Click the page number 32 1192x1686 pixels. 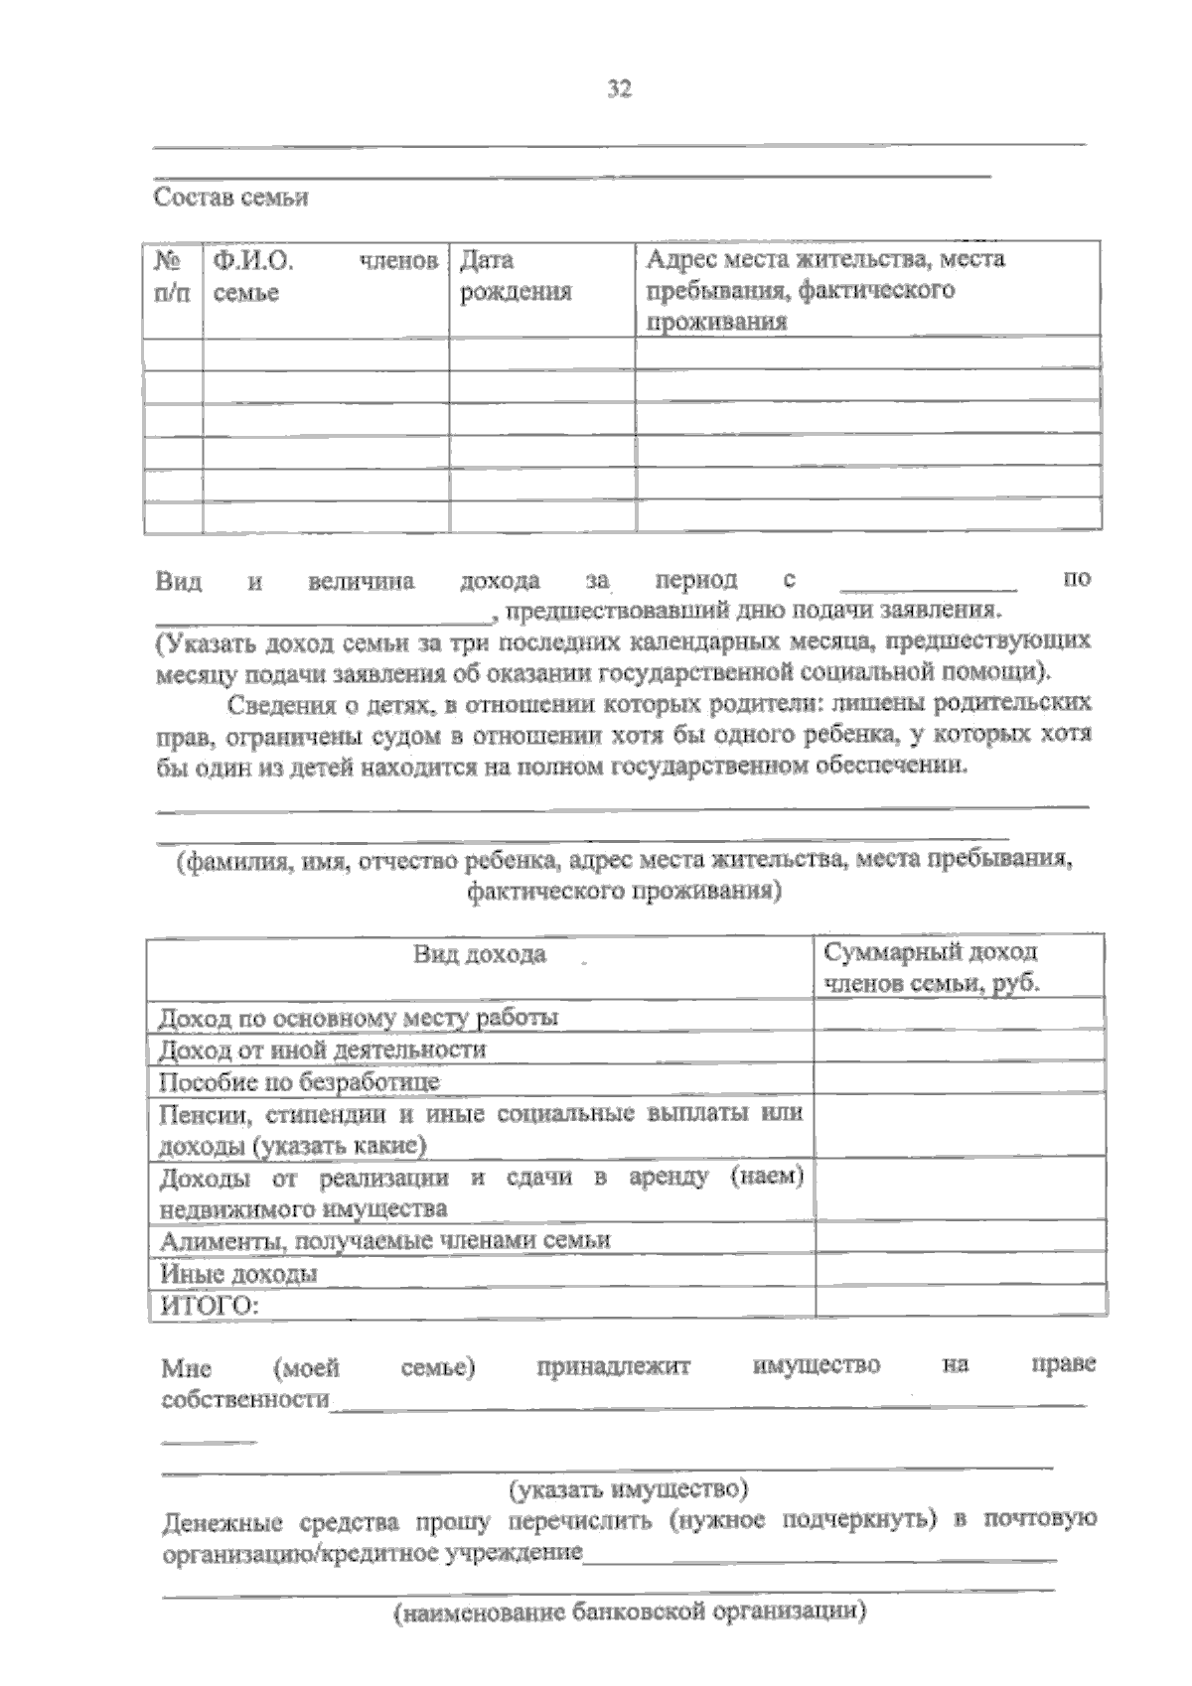pos(619,89)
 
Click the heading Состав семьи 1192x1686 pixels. pos(230,197)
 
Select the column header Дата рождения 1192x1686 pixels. pos(516,276)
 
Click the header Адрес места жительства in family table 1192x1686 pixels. pos(824,289)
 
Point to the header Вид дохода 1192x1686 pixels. pos(480,954)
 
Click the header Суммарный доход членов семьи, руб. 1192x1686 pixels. pos(931,967)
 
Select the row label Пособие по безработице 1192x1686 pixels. pos(299,1080)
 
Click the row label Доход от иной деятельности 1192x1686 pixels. pos(323,1049)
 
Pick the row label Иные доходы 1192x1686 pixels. pos(238,1273)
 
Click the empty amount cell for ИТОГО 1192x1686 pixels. pos(960,1303)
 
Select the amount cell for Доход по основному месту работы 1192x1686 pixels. pos(960,1016)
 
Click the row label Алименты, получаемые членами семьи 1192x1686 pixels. pos(384,1239)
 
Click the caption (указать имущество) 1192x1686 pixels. pos(628,1489)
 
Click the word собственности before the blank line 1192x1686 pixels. pos(244,1399)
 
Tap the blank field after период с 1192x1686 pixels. pos(928,581)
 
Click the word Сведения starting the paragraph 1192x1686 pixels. pos(275,705)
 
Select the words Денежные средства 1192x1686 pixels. pos(280,1521)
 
